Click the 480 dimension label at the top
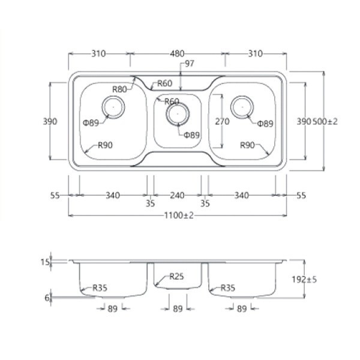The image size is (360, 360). pos(177,53)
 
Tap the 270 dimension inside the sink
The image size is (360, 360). pos(222,121)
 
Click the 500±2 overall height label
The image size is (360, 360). pos(325,121)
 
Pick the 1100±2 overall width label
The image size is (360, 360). pos(178,216)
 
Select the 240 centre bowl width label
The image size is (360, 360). pos(177,195)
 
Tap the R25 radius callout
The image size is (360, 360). pos(176,277)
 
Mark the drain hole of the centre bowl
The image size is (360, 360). pos(176,113)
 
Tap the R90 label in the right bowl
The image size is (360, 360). pos(248,145)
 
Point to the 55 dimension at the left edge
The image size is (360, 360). pos(55,195)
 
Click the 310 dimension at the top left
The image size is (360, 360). pos(98,53)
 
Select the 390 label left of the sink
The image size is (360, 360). pos(50,121)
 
